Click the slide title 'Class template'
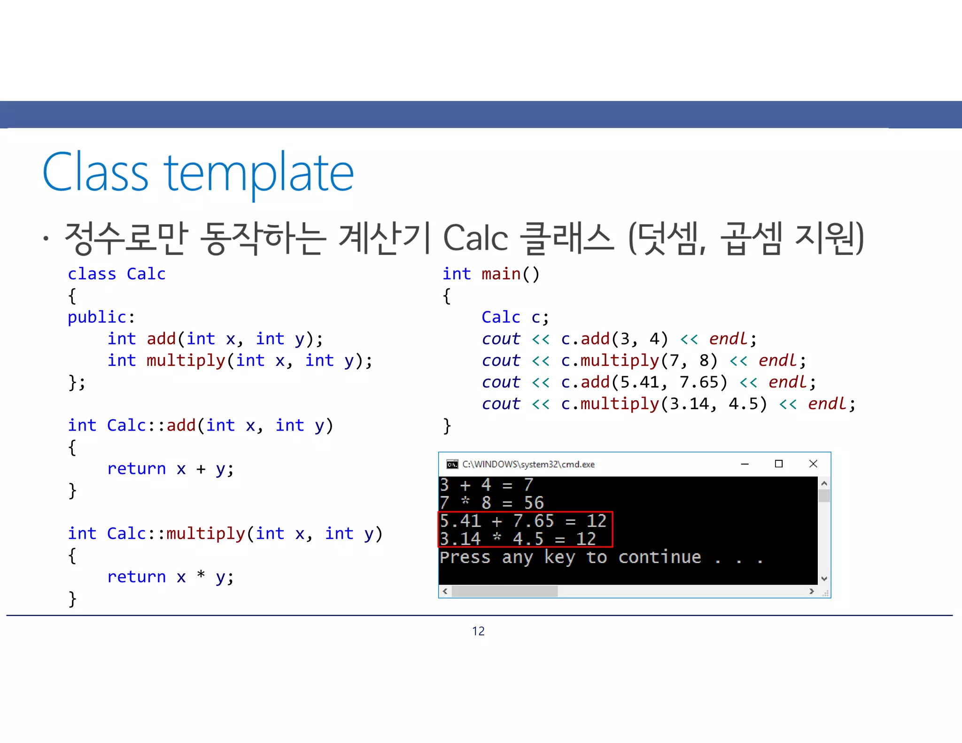click(198, 173)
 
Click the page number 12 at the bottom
click(478, 631)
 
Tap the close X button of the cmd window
click(814, 464)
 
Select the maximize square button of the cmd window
click(779, 464)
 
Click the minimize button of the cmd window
click(745, 464)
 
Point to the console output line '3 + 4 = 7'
click(487, 485)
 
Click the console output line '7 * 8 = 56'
click(492, 503)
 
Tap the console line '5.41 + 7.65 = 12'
click(523, 521)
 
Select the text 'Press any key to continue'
click(570, 557)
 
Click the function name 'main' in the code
click(501, 274)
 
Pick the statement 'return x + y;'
click(170, 469)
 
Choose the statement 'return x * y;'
click(170, 577)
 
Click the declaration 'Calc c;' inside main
click(515, 317)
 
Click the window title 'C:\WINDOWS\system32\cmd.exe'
click(528, 464)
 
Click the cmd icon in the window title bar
click(452, 464)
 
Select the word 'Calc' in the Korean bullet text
click(475, 238)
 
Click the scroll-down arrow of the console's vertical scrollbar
click(824, 579)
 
